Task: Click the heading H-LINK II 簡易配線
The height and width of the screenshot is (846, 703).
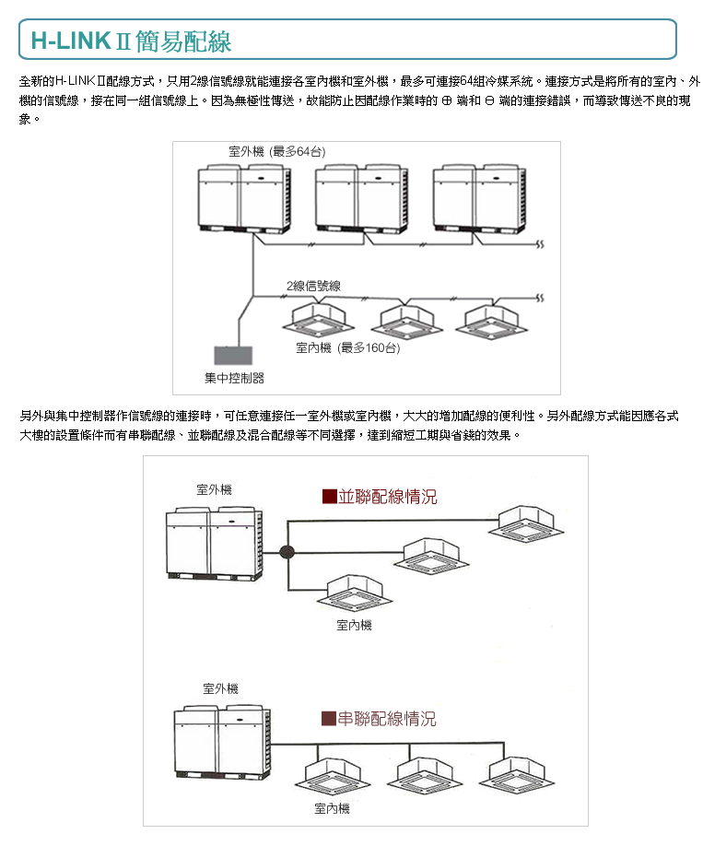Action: tap(131, 41)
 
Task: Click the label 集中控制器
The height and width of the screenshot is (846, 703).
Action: tap(234, 378)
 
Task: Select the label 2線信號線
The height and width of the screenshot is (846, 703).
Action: tap(312, 287)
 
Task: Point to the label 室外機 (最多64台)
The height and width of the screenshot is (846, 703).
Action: tap(277, 151)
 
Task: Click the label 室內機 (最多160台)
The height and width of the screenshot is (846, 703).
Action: tap(347, 347)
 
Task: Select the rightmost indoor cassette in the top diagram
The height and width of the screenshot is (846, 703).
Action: tap(497, 318)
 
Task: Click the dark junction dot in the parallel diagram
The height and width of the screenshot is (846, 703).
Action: tap(287, 553)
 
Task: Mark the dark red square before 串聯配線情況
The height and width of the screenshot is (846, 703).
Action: tap(328, 719)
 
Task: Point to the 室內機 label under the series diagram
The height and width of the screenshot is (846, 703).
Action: tap(332, 808)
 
